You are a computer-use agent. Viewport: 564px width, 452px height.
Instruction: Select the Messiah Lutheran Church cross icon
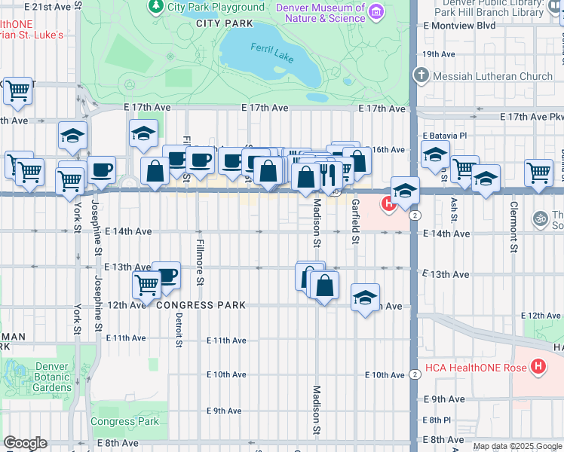click(421, 75)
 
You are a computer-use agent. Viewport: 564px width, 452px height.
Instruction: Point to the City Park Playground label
click(216, 7)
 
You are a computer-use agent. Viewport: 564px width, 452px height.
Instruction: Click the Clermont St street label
click(513, 226)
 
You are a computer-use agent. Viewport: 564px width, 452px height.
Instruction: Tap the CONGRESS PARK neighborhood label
click(201, 305)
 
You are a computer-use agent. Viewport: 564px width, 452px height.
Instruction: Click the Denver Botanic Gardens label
click(54, 377)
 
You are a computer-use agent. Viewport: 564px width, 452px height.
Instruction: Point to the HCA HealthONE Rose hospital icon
click(538, 367)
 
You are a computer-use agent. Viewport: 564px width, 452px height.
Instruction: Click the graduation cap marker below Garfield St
click(365, 298)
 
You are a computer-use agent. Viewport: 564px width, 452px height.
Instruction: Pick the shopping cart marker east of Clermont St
click(538, 173)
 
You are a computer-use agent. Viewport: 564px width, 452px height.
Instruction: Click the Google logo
click(25, 443)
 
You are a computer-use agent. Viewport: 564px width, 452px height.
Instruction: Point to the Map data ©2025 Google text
click(516, 446)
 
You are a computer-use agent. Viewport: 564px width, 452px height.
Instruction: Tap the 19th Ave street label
click(439, 54)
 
